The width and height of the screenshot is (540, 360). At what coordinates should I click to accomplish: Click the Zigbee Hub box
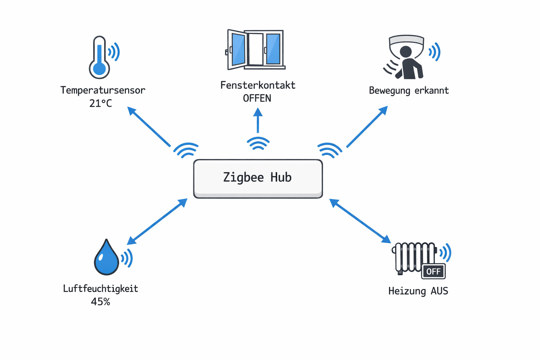coord(258,178)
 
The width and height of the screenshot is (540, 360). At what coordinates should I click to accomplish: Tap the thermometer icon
coord(99,58)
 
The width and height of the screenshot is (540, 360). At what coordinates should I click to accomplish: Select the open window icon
coord(256,50)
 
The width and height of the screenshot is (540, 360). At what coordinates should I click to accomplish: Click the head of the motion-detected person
coord(406,51)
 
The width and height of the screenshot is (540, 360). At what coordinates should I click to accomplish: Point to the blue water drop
coord(106,258)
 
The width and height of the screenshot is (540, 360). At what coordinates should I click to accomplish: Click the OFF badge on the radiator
coord(433,271)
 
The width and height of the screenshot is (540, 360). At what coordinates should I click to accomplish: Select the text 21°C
coord(101,103)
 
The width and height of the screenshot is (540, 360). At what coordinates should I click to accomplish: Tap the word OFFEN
coord(257,98)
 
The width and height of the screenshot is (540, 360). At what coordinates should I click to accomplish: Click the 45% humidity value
coord(101,302)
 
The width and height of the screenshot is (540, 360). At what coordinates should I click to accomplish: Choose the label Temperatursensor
coord(103,90)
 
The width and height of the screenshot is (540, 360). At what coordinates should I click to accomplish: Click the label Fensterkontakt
coord(258,85)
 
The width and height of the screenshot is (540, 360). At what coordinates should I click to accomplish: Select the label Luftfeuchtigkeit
coord(101,289)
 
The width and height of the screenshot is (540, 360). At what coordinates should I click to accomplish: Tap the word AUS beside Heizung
coord(439,291)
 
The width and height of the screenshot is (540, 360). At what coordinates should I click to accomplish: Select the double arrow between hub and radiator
coord(360,221)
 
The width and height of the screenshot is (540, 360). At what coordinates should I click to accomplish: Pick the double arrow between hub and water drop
coord(157,221)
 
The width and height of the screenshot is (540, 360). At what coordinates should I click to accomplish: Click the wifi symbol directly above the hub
coord(258,143)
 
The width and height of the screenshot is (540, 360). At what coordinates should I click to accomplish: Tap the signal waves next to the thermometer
coord(114,52)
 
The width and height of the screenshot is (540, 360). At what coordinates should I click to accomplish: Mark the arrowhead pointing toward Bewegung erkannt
coord(383,110)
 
